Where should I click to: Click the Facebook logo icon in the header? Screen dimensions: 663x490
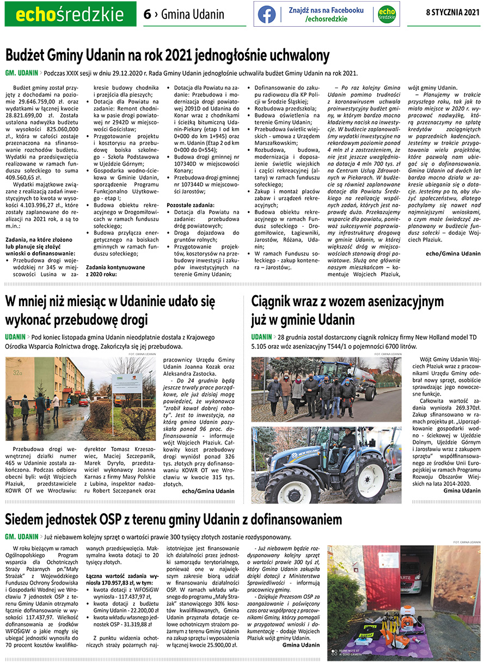[267, 14]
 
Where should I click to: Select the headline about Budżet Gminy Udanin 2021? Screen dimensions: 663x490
[168, 56]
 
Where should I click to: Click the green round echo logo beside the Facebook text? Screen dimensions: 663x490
[387, 14]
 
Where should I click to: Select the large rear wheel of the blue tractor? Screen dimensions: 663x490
[365, 478]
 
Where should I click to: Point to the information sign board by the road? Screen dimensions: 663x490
[127, 384]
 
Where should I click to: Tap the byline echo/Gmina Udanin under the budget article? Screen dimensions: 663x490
[453, 253]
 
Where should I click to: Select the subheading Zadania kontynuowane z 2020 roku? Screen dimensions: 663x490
[115, 271]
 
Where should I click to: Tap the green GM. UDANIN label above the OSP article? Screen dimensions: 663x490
[21, 537]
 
